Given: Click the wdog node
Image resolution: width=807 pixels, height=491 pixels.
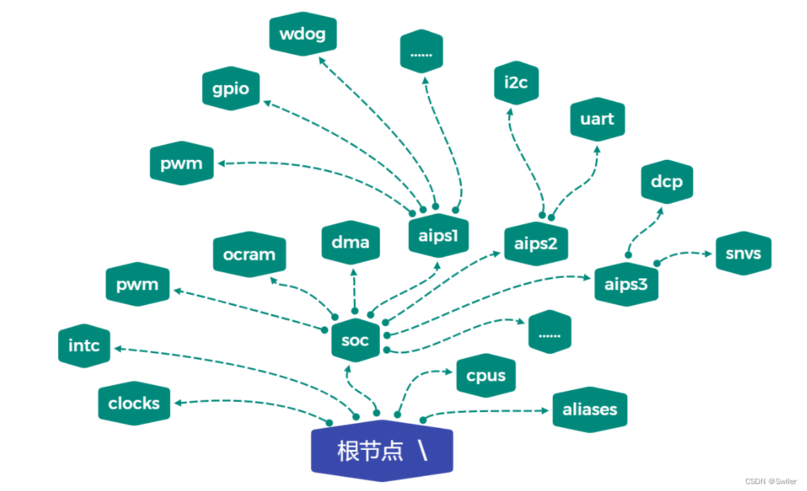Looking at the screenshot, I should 303,34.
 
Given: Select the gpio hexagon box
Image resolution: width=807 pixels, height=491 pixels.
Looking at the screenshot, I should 231,88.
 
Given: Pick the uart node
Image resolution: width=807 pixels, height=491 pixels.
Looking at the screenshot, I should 597,119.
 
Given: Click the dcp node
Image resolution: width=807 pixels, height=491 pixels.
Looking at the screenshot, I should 667,182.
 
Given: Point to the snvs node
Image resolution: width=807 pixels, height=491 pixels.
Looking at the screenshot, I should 743,254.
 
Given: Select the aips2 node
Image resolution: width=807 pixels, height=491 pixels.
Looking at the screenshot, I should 536,243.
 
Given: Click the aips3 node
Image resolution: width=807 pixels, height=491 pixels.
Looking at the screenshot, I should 626,283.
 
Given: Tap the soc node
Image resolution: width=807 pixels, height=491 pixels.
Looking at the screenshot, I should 355,339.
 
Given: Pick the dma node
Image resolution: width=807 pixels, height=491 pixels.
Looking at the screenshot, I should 350,241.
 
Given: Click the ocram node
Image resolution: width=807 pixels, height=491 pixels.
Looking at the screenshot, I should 249,254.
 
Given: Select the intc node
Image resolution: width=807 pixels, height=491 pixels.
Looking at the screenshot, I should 84,346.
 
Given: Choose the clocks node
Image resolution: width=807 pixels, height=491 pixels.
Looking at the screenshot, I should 134,403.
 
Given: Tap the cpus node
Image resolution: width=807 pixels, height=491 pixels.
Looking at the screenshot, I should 486,376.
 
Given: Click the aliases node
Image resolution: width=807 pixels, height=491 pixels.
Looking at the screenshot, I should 590,409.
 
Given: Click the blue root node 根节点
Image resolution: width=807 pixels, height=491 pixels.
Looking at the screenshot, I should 382,451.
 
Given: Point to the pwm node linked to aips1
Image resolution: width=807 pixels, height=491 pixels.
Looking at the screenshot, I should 182,163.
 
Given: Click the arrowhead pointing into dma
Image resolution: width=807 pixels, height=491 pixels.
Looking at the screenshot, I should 354,272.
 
